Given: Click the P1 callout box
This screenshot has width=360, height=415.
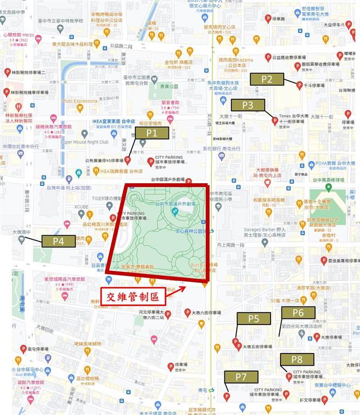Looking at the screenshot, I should click(x=152, y=132).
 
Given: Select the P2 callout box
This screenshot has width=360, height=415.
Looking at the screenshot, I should click(x=267, y=79).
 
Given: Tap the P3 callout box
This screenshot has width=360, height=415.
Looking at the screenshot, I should click(x=248, y=105).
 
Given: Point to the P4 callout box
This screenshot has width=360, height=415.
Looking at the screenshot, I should click(x=58, y=241).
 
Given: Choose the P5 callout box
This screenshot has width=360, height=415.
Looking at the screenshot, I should click(x=254, y=319).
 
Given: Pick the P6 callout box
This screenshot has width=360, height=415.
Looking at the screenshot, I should click(x=298, y=313).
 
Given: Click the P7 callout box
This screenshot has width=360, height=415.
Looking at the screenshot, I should click(x=241, y=377).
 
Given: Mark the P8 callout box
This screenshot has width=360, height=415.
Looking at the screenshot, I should click(x=297, y=360).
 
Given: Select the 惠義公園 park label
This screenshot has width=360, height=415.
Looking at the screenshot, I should click(x=163, y=87).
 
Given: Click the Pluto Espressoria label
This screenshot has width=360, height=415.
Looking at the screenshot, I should click(x=80, y=101).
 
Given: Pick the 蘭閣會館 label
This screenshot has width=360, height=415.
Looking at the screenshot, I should click(x=163, y=103).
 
